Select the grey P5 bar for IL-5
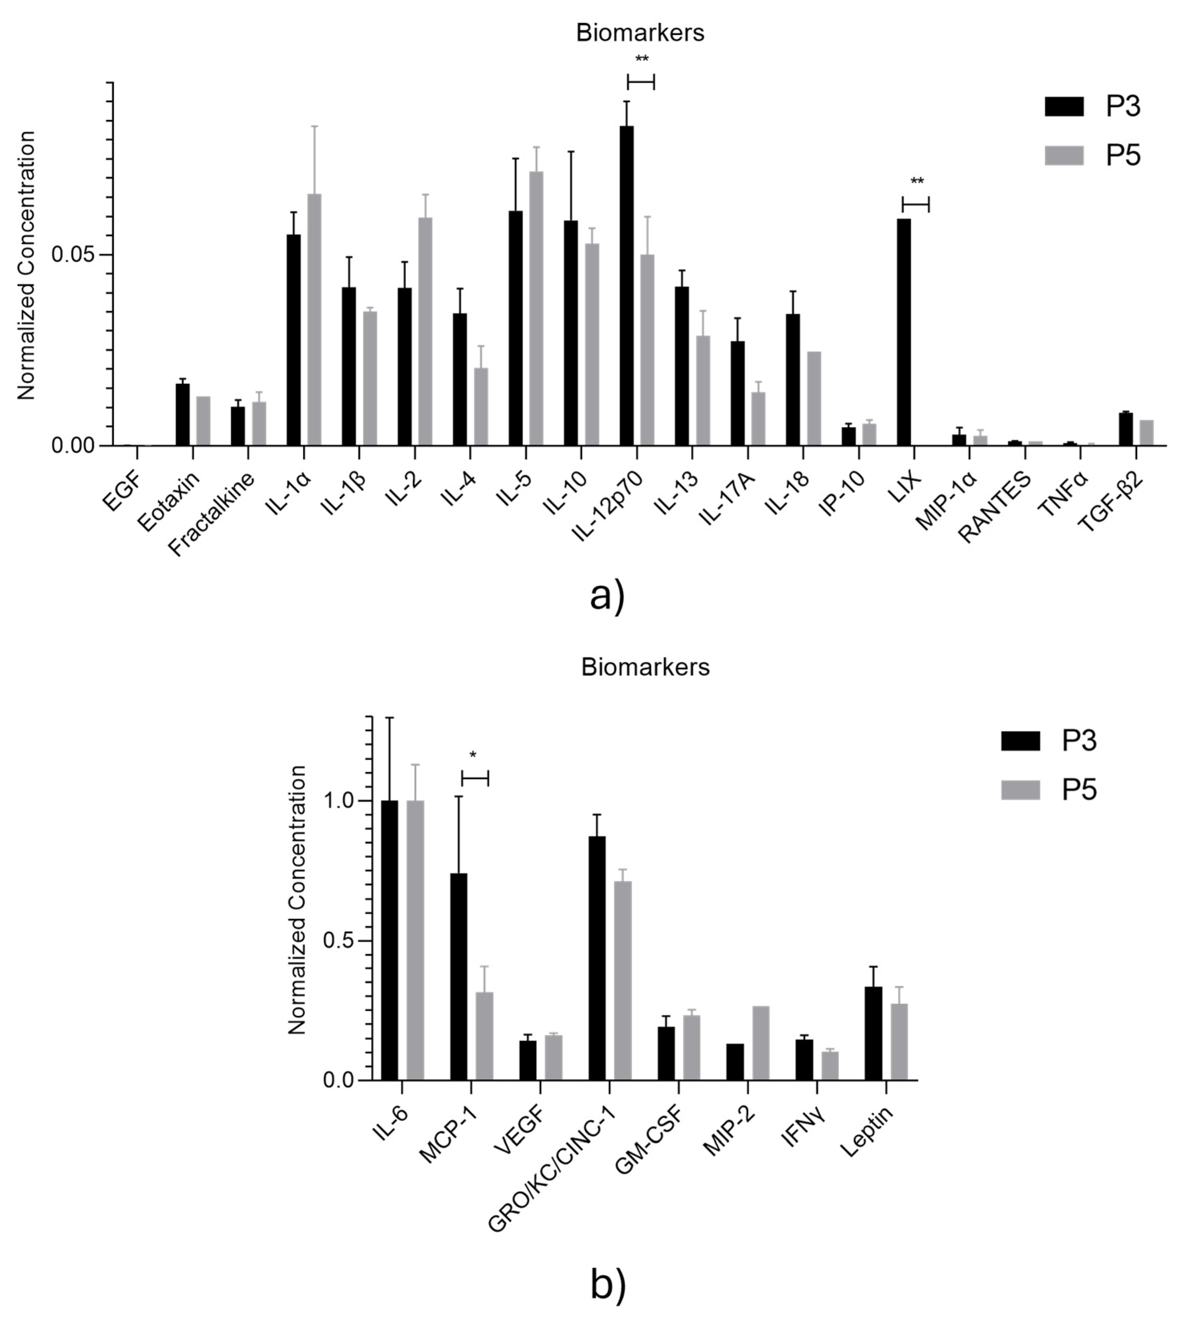536,309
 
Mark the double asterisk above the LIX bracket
916,182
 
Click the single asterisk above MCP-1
473,755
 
